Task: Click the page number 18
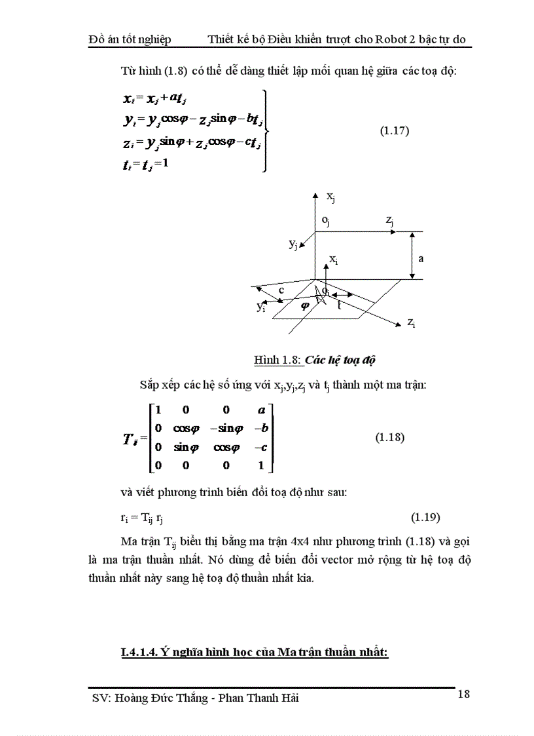coord(463,694)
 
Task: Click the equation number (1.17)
coord(395,130)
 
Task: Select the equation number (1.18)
coord(389,437)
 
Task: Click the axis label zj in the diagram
coord(390,223)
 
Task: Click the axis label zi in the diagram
coord(411,322)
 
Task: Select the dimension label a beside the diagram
coord(421,258)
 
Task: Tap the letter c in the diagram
coord(281,290)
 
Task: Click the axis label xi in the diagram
coord(333,260)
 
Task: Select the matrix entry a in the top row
coord(261,410)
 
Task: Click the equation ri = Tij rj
coord(135,518)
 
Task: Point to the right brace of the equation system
coord(264,130)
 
